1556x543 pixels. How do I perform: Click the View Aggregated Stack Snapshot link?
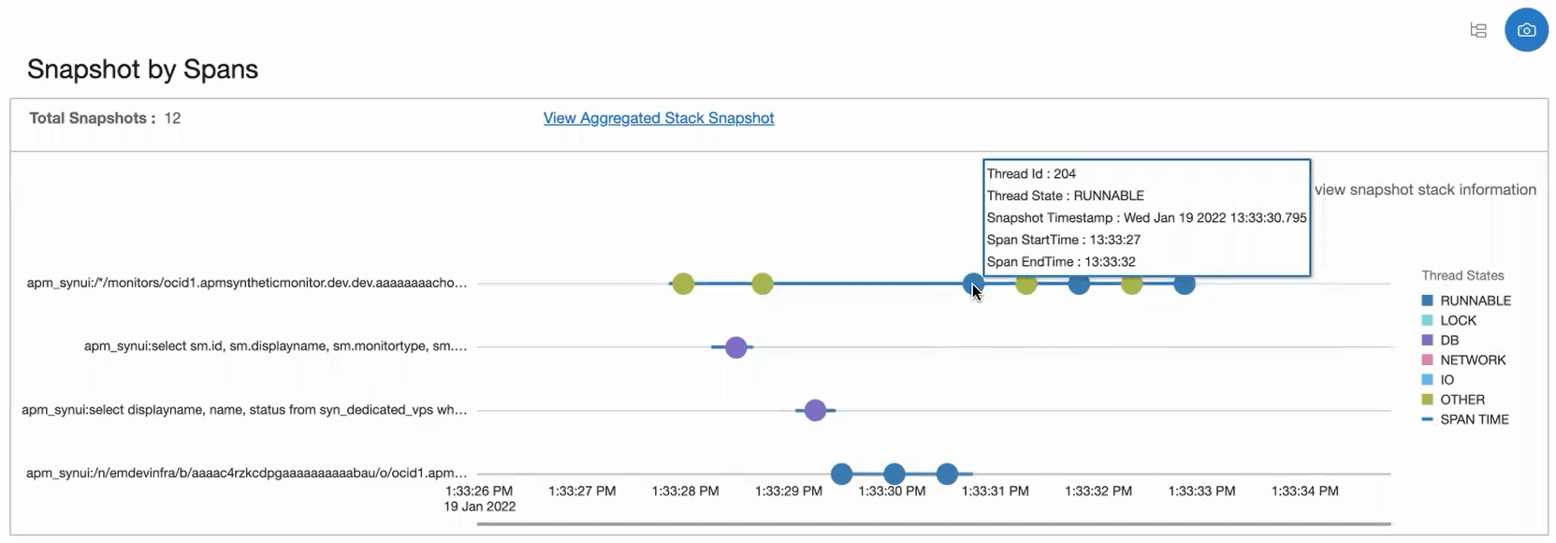(x=658, y=118)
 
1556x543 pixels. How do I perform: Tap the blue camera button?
(x=1526, y=30)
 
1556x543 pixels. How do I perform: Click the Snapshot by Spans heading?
(x=142, y=69)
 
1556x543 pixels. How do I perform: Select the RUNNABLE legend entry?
(x=1475, y=301)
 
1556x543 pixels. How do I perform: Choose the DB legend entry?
(x=1448, y=340)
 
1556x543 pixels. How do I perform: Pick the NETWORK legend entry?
(x=1472, y=360)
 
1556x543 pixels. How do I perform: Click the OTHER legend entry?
(x=1461, y=400)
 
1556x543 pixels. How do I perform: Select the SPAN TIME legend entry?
(x=1474, y=419)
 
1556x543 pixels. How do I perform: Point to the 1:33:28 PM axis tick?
(x=685, y=491)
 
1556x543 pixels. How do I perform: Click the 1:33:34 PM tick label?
(x=1304, y=491)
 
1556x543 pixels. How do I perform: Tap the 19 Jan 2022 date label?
(x=479, y=506)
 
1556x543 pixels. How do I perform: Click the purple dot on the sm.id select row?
(x=736, y=347)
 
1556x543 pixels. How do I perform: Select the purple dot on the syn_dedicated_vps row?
(x=815, y=410)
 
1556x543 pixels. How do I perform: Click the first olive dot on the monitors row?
(x=683, y=284)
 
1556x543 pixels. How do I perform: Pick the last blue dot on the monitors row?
(x=1185, y=284)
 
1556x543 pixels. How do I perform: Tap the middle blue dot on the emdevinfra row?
(x=894, y=474)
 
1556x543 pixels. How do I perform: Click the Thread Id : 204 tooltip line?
(x=1031, y=173)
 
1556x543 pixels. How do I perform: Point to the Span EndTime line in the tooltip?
(x=1061, y=262)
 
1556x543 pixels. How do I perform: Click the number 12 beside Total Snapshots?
(x=172, y=118)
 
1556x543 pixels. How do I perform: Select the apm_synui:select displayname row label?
(x=244, y=410)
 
